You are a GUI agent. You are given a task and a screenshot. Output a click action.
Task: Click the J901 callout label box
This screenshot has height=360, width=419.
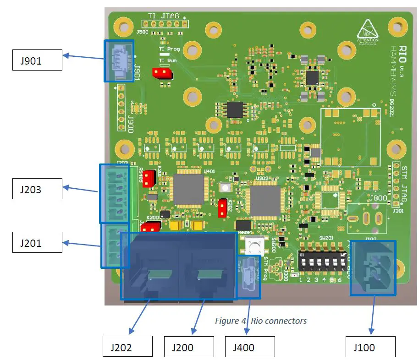tap(37, 60)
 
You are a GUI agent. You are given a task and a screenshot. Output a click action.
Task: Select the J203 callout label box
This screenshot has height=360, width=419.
tap(37, 189)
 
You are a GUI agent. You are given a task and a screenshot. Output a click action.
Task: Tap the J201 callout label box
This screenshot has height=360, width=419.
tap(37, 243)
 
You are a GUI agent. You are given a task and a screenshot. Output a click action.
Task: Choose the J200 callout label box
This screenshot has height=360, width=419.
tap(189, 347)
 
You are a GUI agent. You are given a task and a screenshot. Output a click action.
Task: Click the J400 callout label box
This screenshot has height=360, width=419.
tap(250, 347)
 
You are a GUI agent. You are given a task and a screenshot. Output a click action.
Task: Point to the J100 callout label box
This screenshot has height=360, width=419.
tap(370, 347)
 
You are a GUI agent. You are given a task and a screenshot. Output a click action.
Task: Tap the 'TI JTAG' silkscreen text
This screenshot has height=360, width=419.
tap(163, 16)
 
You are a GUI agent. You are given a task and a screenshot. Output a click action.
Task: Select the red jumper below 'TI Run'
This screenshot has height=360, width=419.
tap(162, 72)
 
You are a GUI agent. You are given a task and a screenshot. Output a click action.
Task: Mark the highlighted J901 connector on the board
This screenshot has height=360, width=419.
tap(119, 61)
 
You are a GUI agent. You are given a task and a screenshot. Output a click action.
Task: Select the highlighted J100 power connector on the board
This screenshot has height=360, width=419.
tap(373, 267)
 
